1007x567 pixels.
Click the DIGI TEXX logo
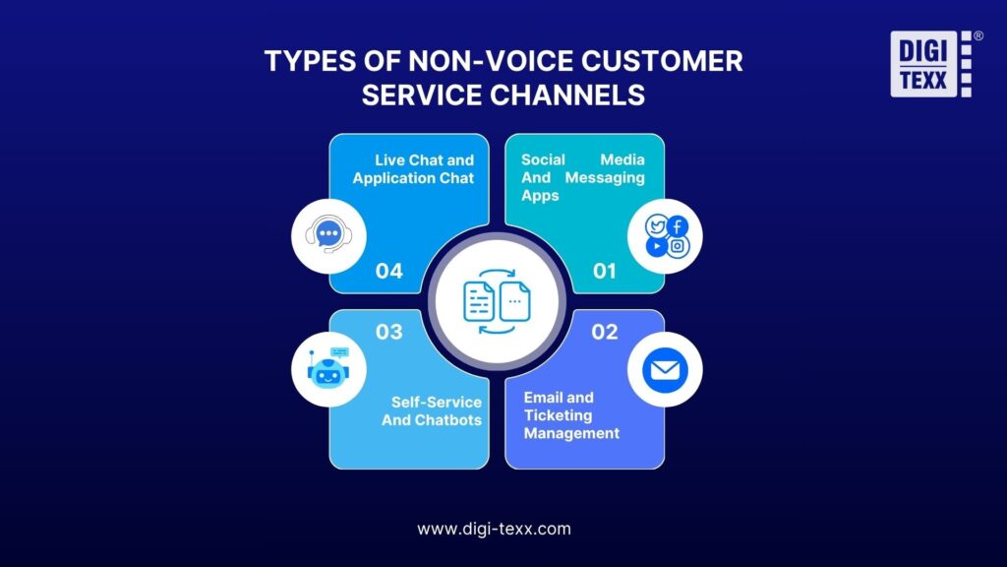pos(935,64)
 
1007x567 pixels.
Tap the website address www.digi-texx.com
pos(494,529)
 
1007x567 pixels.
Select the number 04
pos(389,271)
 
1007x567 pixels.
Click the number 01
pos(605,271)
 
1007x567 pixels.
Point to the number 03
pos(389,332)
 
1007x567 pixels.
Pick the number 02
pos(605,332)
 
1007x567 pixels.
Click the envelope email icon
pos(665,370)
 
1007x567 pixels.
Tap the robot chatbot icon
pos(328,368)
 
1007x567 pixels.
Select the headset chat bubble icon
pos(328,234)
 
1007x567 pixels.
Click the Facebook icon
pos(678,226)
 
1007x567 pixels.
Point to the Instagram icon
pos(678,246)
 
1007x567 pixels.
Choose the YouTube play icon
pos(656,246)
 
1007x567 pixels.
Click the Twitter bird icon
pos(656,226)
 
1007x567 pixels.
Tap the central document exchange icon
pos(497,301)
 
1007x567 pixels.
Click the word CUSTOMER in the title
pos(662,61)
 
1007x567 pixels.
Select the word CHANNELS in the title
pos(567,95)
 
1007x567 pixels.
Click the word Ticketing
pos(559,415)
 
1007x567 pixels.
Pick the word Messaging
pos(605,178)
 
